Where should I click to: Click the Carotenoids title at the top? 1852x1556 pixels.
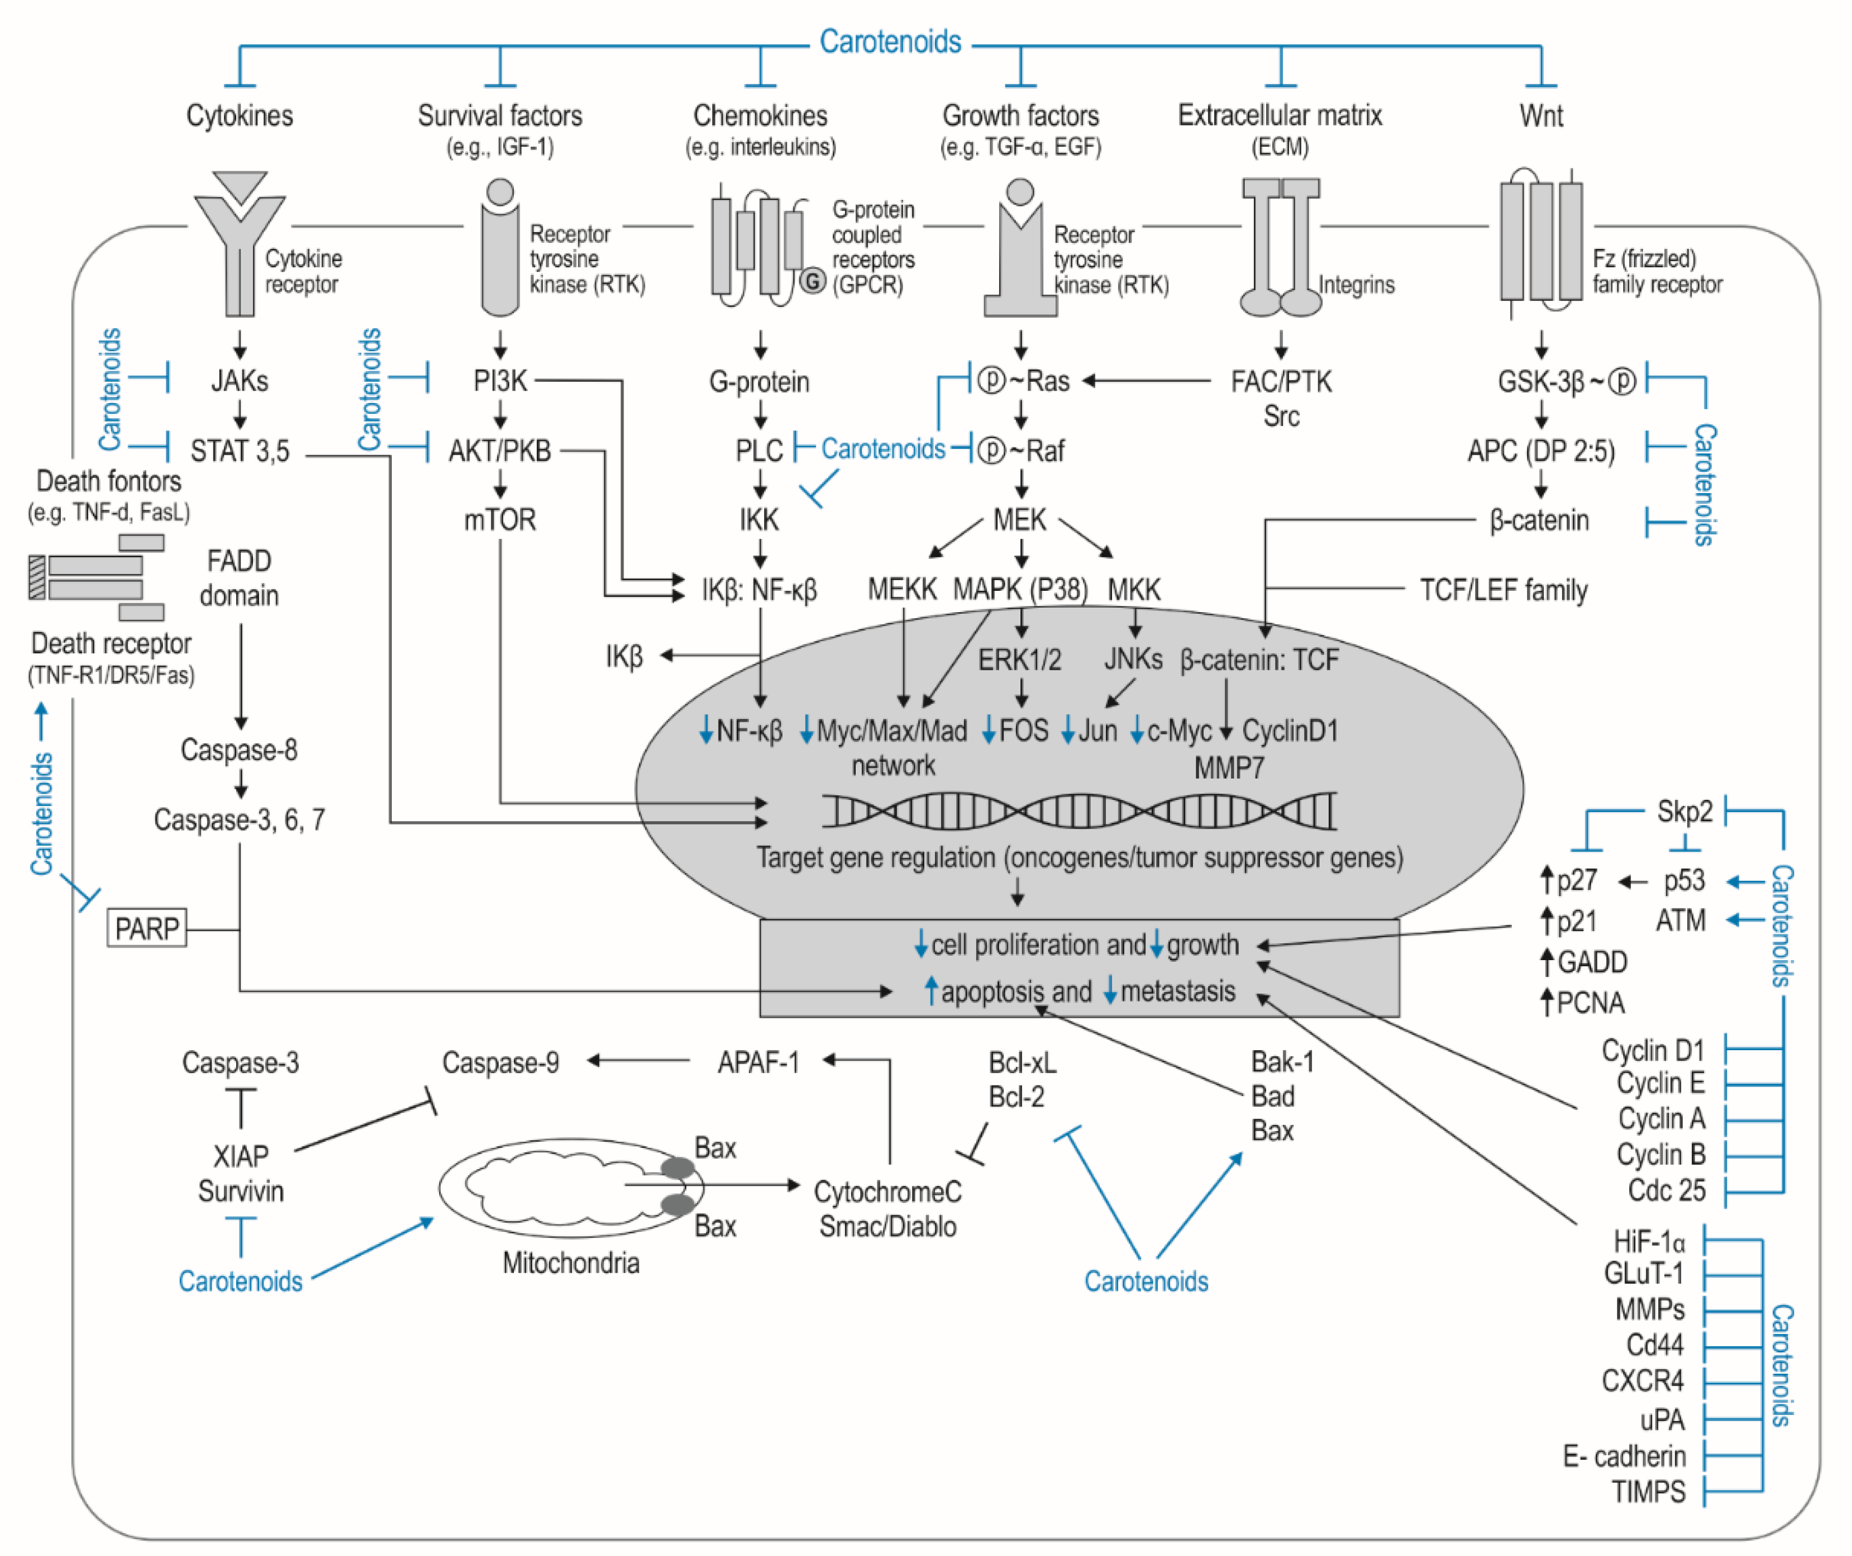point(889,42)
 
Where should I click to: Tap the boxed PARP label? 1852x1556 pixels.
point(147,928)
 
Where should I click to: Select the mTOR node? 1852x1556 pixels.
point(499,519)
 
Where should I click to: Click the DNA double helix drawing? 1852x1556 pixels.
point(1078,809)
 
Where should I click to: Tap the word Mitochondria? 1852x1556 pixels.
point(570,1263)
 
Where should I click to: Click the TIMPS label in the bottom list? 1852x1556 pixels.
point(1647,1491)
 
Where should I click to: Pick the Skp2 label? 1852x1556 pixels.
point(1684,811)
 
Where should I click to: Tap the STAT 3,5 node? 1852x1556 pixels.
point(239,451)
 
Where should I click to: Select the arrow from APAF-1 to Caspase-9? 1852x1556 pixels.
point(637,1061)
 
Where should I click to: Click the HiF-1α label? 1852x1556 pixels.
point(1648,1242)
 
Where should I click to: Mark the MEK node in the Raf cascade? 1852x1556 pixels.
point(1019,519)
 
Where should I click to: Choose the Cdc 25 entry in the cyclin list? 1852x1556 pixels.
point(1666,1190)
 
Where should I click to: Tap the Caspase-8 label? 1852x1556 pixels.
point(238,750)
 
